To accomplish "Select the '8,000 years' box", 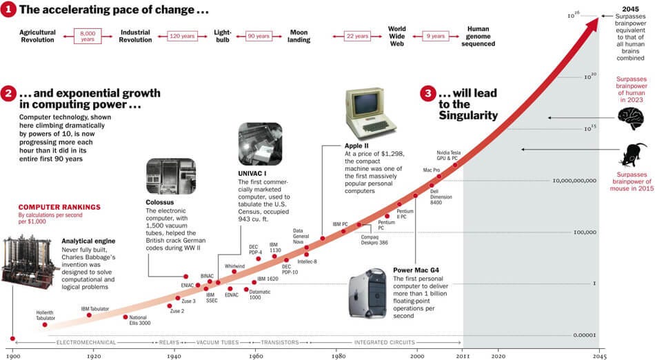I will pyautogui.click(x=88, y=35).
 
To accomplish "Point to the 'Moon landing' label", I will pyautogui.click(x=299, y=36).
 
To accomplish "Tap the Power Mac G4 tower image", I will pyautogui.click(x=370, y=295).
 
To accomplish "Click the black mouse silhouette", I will pyautogui.click(x=634, y=154).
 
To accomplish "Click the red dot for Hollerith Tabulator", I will pyautogui.click(x=45, y=324).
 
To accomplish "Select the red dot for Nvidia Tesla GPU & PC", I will pyautogui.click(x=454, y=165).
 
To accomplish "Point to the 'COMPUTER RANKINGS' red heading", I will pyautogui.click(x=59, y=207).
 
